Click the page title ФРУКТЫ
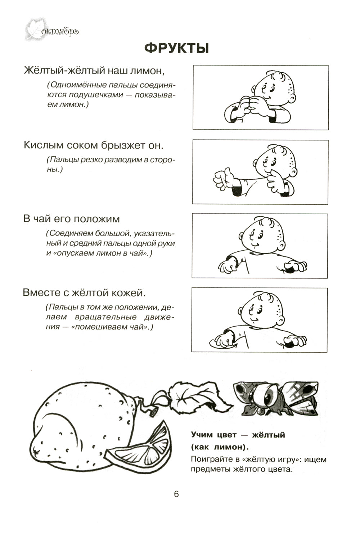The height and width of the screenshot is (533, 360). [176, 48]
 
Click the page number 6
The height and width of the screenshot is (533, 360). [176, 494]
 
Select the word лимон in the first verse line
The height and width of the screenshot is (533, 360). [148, 70]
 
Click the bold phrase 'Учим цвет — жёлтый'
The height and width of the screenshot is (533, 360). [238, 435]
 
